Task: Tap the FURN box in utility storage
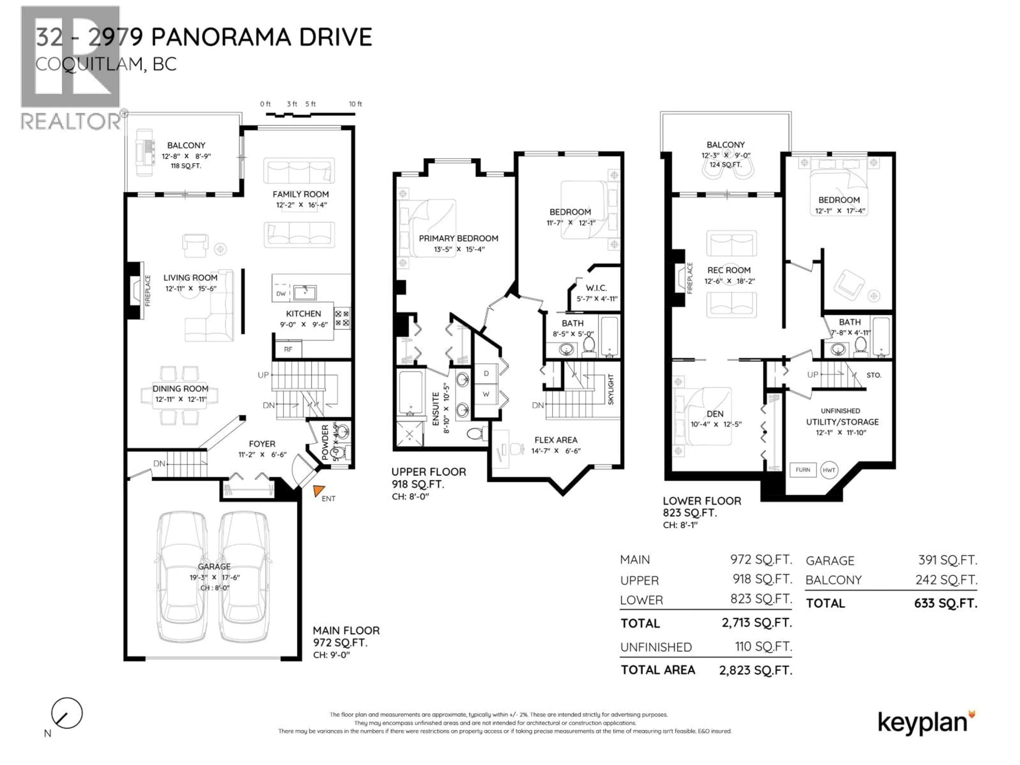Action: point(803,470)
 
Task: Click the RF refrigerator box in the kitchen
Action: point(288,349)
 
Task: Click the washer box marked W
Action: point(486,394)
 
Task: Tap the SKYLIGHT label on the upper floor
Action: point(611,390)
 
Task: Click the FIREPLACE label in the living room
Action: point(148,291)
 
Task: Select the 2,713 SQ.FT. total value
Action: point(757,623)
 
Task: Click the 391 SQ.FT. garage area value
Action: point(947,560)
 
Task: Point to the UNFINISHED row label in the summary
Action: point(656,647)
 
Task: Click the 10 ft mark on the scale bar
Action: point(355,104)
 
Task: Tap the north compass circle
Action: point(67,713)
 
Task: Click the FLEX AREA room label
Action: point(556,440)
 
